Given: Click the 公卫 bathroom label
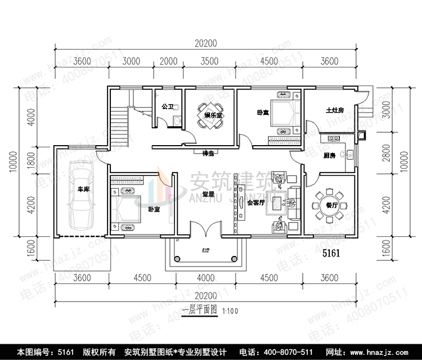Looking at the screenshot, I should pos(167,106).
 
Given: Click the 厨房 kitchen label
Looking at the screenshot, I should pos(330,155).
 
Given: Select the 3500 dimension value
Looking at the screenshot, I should pos(208,61).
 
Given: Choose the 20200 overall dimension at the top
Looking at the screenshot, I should pos(206,43).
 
